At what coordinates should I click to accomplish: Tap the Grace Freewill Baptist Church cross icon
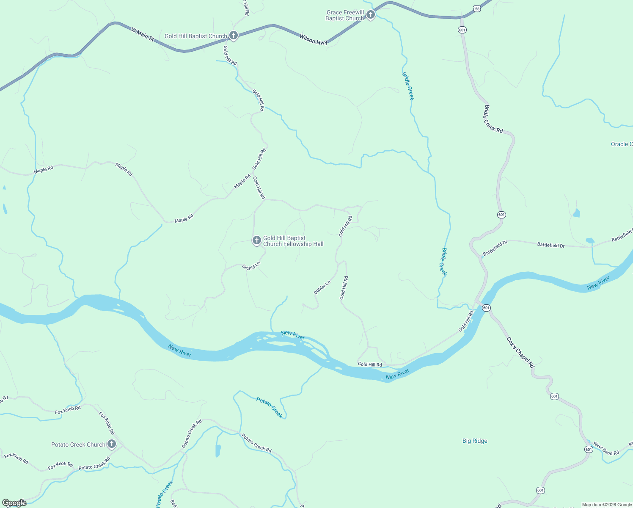click(370, 15)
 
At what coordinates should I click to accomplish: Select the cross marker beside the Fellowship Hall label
click(256, 240)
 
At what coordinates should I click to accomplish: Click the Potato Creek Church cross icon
click(112, 444)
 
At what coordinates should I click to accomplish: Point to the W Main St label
click(143, 34)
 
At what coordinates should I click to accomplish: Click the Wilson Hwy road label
click(313, 40)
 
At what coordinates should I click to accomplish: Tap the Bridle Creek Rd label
click(493, 119)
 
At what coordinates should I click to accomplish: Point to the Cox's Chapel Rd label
click(520, 352)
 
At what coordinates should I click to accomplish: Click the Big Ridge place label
click(475, 441)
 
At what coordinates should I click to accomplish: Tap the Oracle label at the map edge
click(621, 144)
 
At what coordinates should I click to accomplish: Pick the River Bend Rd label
click(606, 449)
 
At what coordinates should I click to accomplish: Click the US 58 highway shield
click(477, 9)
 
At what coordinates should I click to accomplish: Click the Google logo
click(14, 503)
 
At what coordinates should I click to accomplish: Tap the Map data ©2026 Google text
click(607, 505)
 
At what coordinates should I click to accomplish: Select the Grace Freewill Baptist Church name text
click(345, 15)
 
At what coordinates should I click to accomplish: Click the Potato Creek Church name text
click(78, 444)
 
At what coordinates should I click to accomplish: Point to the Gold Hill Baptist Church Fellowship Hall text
click(293, 241)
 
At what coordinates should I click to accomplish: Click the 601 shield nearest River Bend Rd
click(589, 449)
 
